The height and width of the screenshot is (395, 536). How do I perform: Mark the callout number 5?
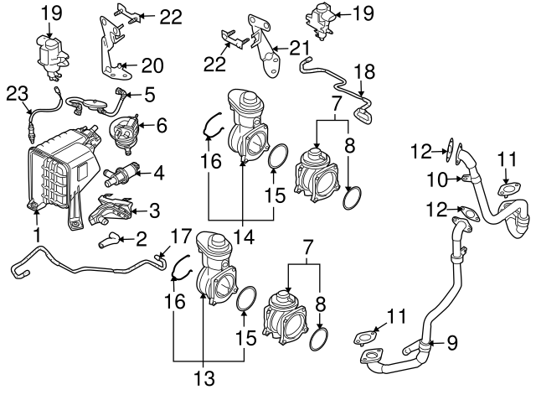(x=150, y=96)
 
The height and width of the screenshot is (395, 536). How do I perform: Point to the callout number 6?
(x=162, y=126)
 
